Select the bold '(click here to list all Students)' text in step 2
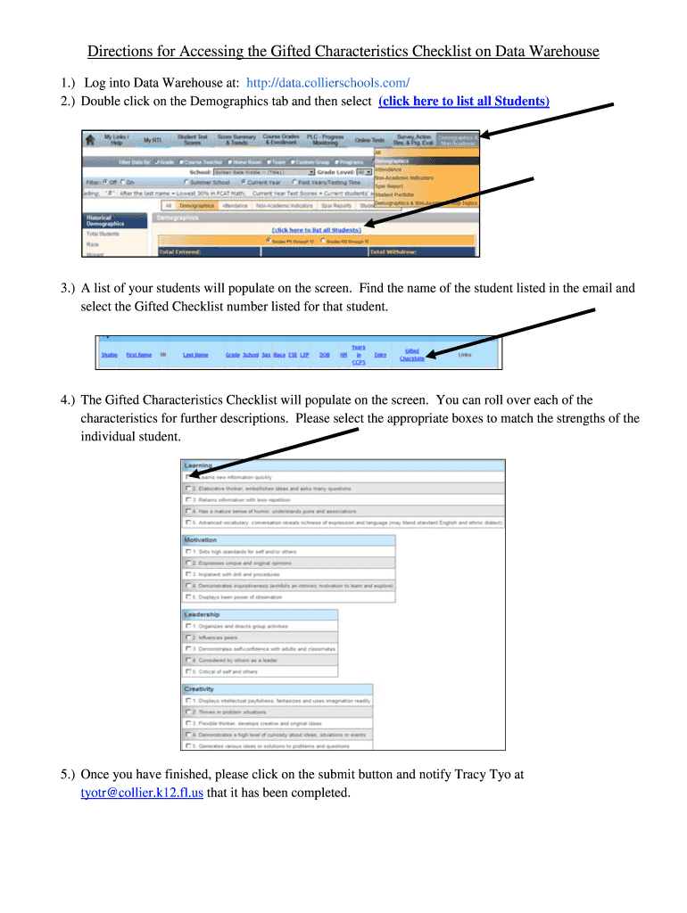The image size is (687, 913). [x=464, y=101]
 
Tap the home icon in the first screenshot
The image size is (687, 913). [x=90, y=140]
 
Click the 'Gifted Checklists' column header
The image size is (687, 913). [x=411, y=355]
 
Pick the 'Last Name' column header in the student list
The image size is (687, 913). [x=195, y=355]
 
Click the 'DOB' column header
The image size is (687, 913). [x=324, y=355]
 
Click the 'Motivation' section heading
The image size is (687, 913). [x=201, y=540]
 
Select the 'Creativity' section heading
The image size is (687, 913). [x=199, y=689]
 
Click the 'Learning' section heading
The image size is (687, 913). [x=198, y=465]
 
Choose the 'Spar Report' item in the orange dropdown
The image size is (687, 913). [x=391, y=185]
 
